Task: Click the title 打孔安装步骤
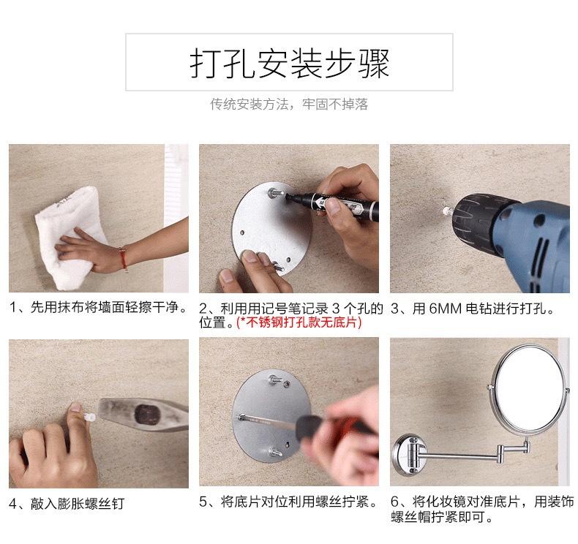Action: (x=290, y=63)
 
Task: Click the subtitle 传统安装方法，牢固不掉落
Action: (x=289, y=105)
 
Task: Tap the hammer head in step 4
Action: (x=143, y=415)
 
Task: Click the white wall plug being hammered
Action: (x=89, y=418)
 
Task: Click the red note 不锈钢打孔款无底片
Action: (x=299, y=322)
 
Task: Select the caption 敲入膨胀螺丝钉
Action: (x=78, y=504)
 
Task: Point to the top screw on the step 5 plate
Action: (x=274, y=379)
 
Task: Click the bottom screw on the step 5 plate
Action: (x=276, y=452)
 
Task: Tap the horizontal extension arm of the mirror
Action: (x=461, y=457)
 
